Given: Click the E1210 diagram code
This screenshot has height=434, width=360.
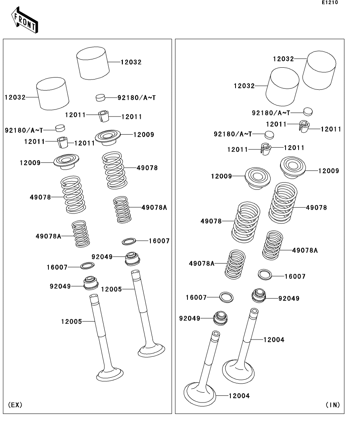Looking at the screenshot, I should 330,3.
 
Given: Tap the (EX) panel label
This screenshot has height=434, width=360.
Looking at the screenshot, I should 15,404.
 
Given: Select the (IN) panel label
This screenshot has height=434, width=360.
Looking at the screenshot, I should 332,404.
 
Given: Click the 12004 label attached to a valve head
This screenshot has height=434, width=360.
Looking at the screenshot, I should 239,396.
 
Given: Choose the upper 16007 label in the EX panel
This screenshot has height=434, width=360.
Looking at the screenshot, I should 159,241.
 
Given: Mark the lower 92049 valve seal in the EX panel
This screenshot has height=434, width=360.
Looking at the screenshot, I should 91,283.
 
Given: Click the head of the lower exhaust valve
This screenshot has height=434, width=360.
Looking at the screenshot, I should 110,374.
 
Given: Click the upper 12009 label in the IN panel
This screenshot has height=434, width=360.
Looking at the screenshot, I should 328,171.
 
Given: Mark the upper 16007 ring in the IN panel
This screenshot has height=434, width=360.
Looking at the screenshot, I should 265,274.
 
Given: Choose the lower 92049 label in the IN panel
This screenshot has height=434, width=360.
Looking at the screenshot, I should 190,318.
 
